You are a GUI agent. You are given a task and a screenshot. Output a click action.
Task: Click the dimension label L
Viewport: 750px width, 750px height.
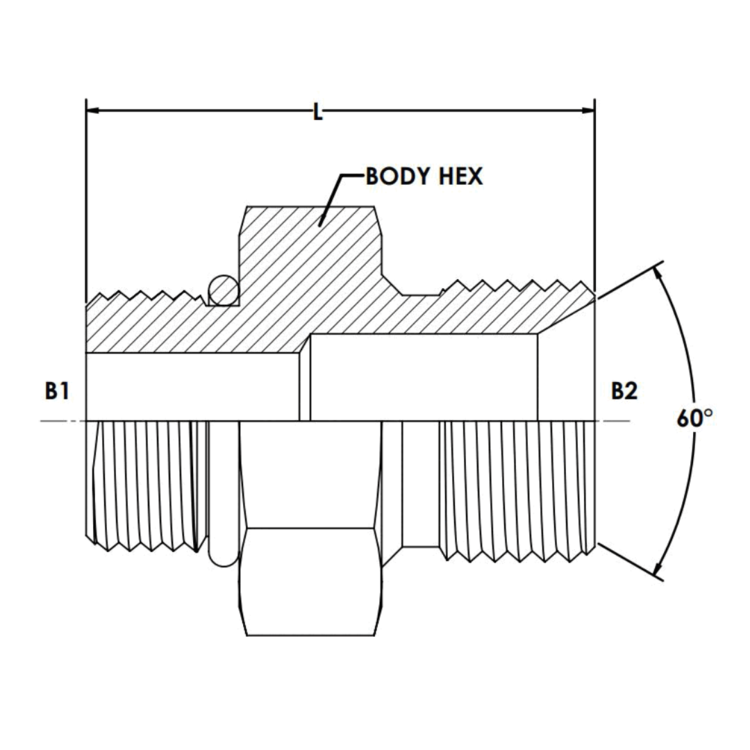click(x=317, y=111)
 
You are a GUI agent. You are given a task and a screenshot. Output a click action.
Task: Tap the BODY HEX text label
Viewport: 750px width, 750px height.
click(x=424, y=176)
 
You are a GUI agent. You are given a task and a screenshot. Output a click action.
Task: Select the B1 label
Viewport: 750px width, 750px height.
click(x=57, y=391)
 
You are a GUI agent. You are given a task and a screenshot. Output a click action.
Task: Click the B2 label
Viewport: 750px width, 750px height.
click(x=624, y=391)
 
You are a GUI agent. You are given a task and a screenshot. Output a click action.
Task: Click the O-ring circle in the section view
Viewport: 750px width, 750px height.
click(x=223, y=290)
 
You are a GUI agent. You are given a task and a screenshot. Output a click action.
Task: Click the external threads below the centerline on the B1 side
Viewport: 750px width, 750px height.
click(x=146, y=486)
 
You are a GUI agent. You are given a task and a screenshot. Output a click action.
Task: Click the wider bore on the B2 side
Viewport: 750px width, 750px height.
click(x=424, y=378)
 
